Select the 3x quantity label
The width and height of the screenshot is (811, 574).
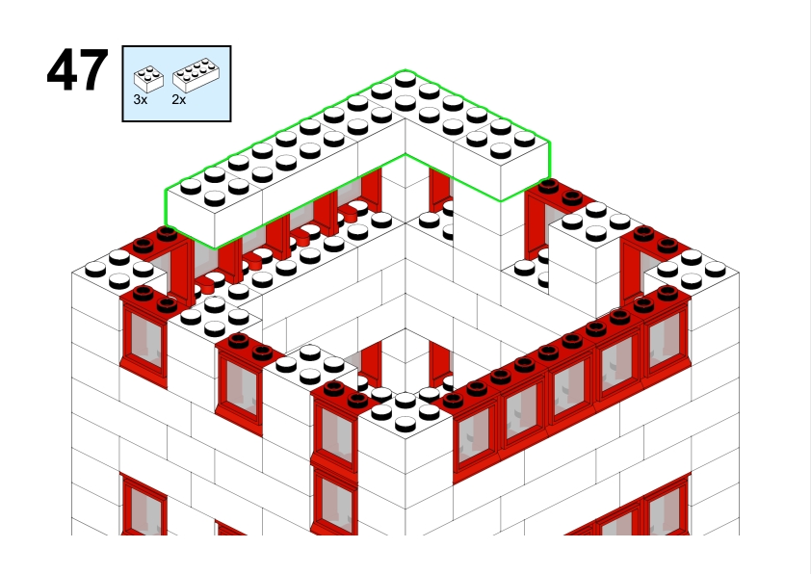141,99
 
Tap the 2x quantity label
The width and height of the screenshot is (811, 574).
179,99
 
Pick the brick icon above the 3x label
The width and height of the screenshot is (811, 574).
149,79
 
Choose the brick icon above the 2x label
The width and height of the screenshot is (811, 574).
196,75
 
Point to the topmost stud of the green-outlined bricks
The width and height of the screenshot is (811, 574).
405,79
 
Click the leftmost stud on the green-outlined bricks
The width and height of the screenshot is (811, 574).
191,187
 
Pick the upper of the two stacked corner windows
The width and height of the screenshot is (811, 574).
334,430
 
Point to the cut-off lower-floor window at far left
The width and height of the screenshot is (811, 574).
144,505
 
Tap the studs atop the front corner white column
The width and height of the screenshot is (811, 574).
405,409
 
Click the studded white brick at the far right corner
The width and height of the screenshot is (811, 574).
692,270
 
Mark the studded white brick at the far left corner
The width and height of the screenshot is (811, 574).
120,269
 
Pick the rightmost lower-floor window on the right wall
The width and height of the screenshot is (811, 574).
667,505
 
